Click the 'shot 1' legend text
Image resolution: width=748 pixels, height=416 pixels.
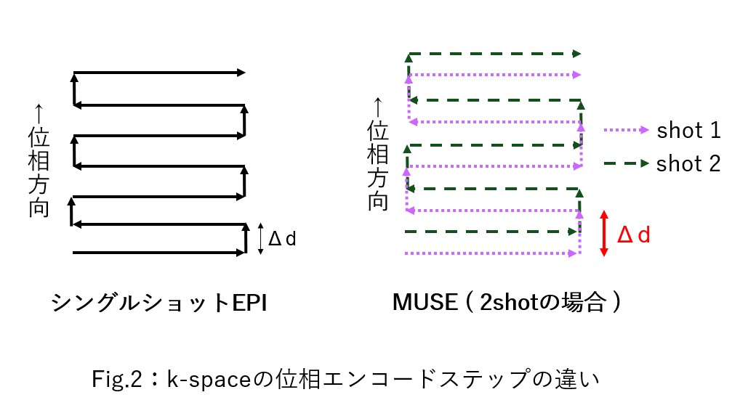[x=688, y=130]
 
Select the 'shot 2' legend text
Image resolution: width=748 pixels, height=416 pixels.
[x=688, y=163]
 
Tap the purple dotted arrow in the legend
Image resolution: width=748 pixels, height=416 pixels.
[x=626, y=130]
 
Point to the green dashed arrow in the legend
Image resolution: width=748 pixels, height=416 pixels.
[x=626, y=163]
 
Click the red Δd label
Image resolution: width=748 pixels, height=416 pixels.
[x=634, y=234]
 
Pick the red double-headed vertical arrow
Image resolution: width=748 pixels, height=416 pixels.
[x=604, y=234]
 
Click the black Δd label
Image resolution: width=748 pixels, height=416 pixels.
[x=282, y=238]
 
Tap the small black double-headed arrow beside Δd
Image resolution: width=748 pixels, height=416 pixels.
[x=260, y=238]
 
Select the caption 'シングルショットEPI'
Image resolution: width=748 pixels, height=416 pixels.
[x=159, y=303]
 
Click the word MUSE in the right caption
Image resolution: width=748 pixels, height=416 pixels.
[x=425, y=302]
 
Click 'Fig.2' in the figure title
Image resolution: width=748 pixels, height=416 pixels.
[x=116, y=380]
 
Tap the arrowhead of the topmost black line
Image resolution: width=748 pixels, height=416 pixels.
[x=241, y=73]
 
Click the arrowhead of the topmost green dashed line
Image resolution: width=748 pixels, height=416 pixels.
[x=576, y=54]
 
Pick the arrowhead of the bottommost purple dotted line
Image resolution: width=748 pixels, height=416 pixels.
[x=573, y=253]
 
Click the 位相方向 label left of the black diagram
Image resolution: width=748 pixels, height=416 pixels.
[x=39, y=172]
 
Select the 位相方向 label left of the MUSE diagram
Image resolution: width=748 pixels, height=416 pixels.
[x=377, y=166]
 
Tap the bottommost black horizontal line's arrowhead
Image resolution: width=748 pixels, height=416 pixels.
[x=241, y=253]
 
